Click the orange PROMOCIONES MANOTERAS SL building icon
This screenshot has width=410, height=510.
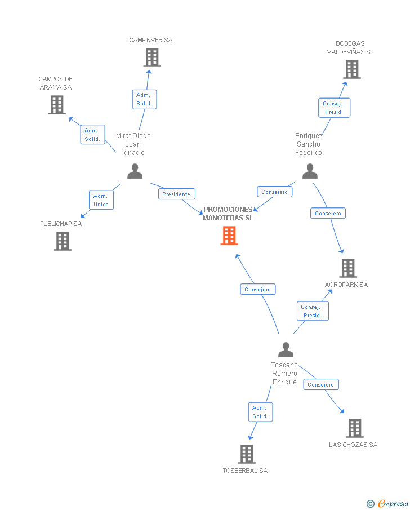point(229,236)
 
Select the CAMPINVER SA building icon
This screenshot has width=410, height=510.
point(151,57)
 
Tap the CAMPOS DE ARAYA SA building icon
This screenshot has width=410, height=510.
point(56,105)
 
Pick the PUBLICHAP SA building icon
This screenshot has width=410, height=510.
point(63,241)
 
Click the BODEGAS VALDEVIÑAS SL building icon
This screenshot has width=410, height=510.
point(352,69)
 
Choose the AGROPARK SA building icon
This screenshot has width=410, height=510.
point(349,268)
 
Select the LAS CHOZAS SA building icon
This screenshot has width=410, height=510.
point(354,428)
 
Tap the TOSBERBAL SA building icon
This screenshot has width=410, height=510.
point(247,454)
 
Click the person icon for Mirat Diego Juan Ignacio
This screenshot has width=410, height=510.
point(135,171)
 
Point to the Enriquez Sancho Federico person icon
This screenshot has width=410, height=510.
point(310,171)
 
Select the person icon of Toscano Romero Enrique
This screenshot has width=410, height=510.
point(286,350)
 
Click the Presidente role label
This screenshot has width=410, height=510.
point(176,194)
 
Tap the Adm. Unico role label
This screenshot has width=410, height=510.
point(101,200)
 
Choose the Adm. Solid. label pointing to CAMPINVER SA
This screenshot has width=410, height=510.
point(144,99)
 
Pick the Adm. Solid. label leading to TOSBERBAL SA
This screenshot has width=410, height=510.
point(260,412)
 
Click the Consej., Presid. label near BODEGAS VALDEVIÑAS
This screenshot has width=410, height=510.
point(334,108)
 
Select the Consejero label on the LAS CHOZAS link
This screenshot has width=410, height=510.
point(321,384)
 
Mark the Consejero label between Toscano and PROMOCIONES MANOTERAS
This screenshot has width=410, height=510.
point(258,289)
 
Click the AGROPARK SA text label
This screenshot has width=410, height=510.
point(346,285)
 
